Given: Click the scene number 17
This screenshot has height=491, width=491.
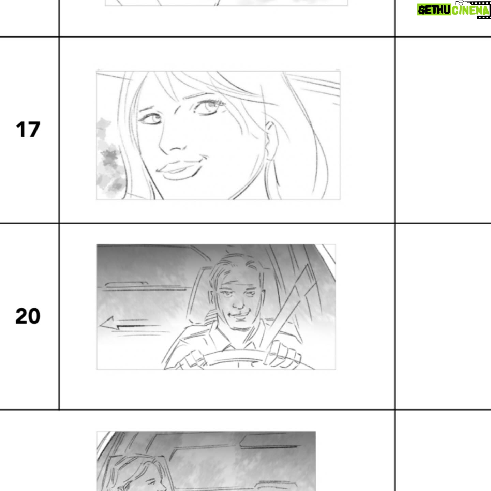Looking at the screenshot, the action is [28, 130].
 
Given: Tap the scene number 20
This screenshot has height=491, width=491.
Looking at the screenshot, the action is [28, 316].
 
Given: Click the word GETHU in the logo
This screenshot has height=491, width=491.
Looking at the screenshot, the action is [434, 10].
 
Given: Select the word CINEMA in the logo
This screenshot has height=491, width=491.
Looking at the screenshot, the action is [470, 11].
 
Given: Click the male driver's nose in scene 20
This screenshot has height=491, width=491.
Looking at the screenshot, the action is [238, 302].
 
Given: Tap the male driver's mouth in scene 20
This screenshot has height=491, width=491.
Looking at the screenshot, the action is [238, 315].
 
